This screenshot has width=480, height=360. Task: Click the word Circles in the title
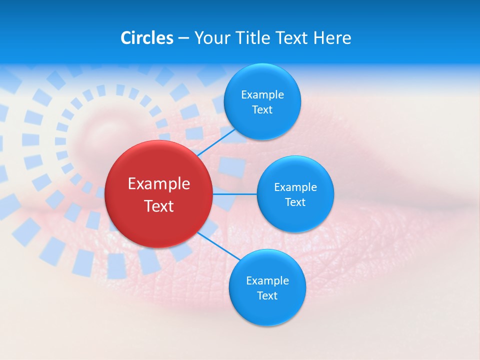tap(146, 38)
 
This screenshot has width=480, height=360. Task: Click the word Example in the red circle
tap(159, 184)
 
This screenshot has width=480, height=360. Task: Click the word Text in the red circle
tap(159, 206)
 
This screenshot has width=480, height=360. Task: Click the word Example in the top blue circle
tap(262, 95)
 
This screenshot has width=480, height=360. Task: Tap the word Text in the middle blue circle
tap(295, 202)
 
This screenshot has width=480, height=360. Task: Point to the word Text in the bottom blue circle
tap(267, 296)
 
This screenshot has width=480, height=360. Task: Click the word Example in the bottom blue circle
tap(267, 281)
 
